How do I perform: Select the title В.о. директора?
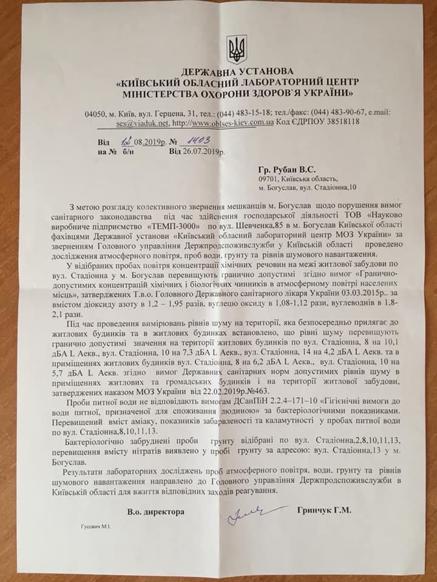coord(155,513)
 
